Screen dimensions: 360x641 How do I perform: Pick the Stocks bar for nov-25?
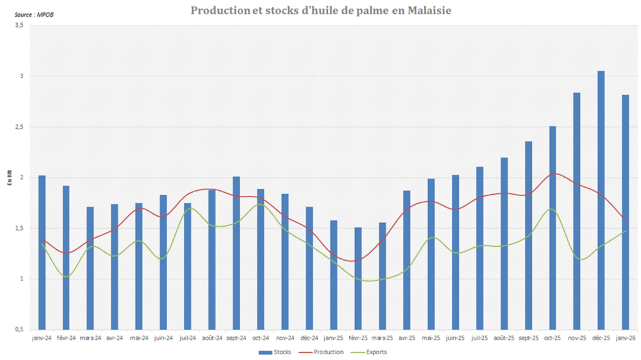point(576,211)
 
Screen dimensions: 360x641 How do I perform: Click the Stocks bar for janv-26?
point(625,211)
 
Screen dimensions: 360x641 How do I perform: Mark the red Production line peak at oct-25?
point(554,174)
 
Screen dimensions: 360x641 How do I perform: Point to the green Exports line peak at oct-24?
point(260,204)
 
